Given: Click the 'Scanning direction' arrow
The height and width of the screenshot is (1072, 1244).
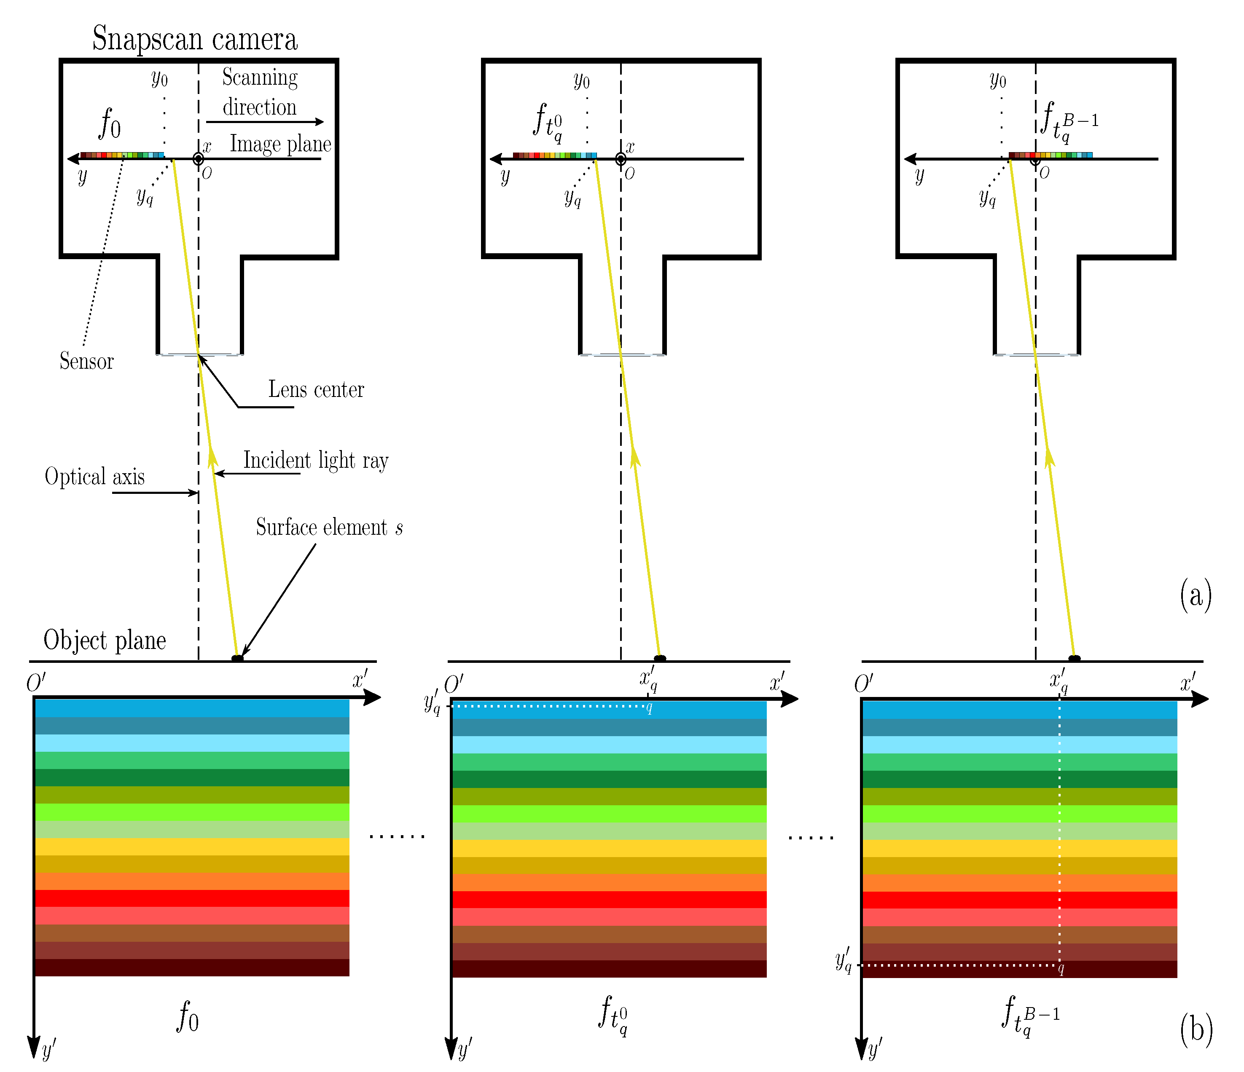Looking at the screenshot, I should [264, 122].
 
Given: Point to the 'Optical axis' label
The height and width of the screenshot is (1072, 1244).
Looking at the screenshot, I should [95, 477].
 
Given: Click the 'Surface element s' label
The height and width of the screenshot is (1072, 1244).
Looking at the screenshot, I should [329, 528].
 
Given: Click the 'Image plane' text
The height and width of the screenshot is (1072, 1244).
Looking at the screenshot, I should [280, 144].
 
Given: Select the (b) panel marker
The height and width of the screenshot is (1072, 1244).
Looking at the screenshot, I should [1196, 1029].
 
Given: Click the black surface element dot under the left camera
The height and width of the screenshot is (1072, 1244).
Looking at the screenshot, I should [238, 659].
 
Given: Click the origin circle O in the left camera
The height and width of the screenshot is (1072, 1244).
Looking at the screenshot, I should [198, 159].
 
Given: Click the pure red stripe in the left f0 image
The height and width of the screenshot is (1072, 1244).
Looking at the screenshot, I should [192, 898].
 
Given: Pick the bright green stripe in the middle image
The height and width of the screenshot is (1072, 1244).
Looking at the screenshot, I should [609, 814].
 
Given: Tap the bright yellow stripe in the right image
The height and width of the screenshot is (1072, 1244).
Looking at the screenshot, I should [1019, 848].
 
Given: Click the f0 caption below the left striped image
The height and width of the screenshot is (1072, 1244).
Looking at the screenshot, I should [187, 1017].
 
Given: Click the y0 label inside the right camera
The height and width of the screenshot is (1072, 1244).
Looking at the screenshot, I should [998, 79].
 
